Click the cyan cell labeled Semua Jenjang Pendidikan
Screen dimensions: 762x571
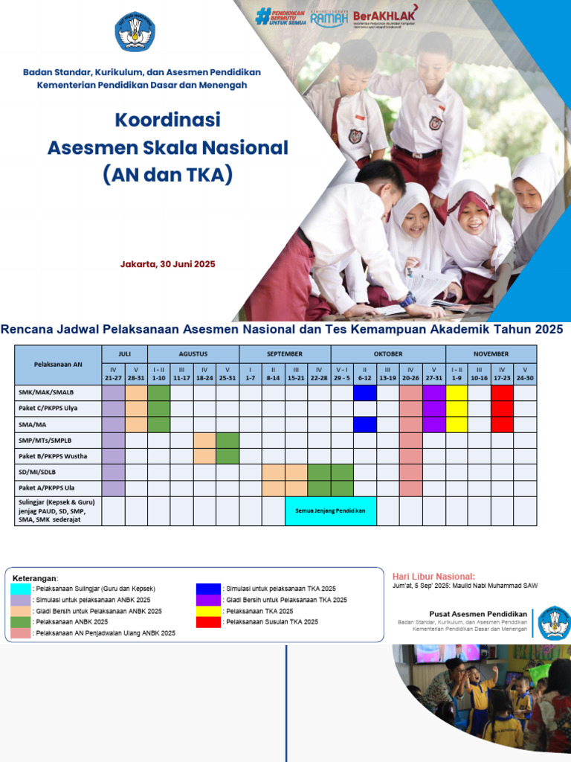(x=331, y=510)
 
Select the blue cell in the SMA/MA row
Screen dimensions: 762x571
(x=364, y=424)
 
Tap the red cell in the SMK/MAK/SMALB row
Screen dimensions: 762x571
(x=502, y=392)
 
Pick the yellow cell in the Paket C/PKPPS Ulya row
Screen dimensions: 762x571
(x=457, y=409)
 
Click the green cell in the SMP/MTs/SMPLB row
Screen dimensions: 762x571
(x=227, y=440)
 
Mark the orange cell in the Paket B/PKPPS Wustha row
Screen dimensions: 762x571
(x=204, y=455)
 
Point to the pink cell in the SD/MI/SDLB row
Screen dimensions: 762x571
(x=410, y=472)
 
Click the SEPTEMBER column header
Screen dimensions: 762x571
(x=285, y=353)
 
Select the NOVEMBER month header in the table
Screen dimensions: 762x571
(x=491, y=353)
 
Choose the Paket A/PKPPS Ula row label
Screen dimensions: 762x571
(x=46, y=488)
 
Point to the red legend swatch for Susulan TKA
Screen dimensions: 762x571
(x=208, y=621)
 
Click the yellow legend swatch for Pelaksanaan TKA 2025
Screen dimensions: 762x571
(x=208, y=610)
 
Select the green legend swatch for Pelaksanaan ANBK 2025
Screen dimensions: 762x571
(x=21, y=621)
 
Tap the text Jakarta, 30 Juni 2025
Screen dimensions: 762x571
(x=168, y=263)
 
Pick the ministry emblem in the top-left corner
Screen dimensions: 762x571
(x=135, y=31)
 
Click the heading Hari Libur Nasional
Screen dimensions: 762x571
(x=433, y=577)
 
